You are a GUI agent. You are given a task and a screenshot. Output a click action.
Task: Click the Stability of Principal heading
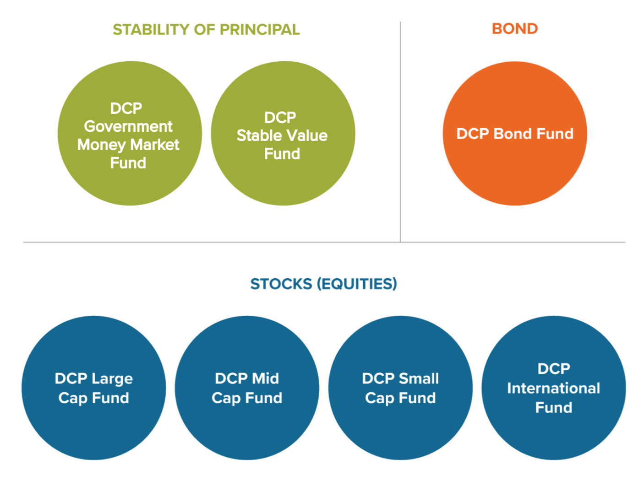[x=206, y=29]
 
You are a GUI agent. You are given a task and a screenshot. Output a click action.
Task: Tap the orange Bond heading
[x=514, y=29]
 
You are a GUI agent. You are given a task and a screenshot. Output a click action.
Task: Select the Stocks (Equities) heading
[x=323, y=284]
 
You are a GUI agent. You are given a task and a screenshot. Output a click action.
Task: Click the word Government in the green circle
[x=128, y=126]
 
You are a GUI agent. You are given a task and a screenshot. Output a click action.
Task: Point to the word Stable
[x=258, y=135]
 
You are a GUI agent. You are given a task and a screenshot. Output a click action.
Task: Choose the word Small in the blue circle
[x=419, y=378]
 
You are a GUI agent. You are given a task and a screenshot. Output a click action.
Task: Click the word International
[x=553, y=388]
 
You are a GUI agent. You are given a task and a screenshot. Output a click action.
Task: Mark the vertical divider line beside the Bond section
[x=400, y=133]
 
